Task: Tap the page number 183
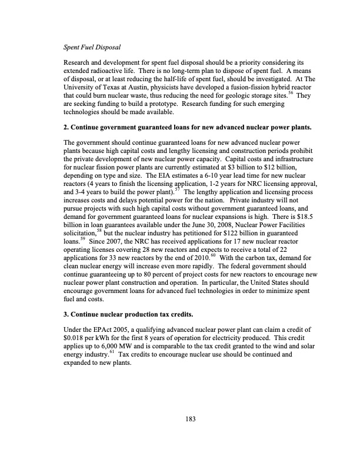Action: (x=189, y=419)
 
